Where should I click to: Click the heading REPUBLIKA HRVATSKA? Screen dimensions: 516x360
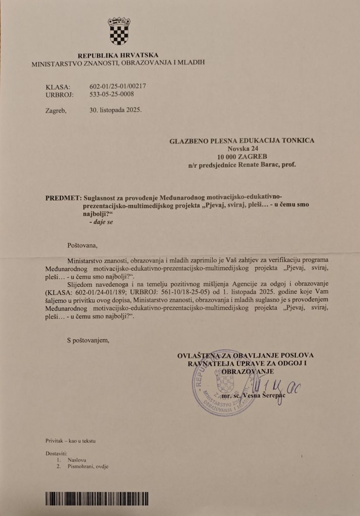(118, 56)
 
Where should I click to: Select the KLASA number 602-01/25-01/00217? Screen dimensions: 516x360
(116, 87)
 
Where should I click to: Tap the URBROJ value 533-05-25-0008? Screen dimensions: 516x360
(112, 94)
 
